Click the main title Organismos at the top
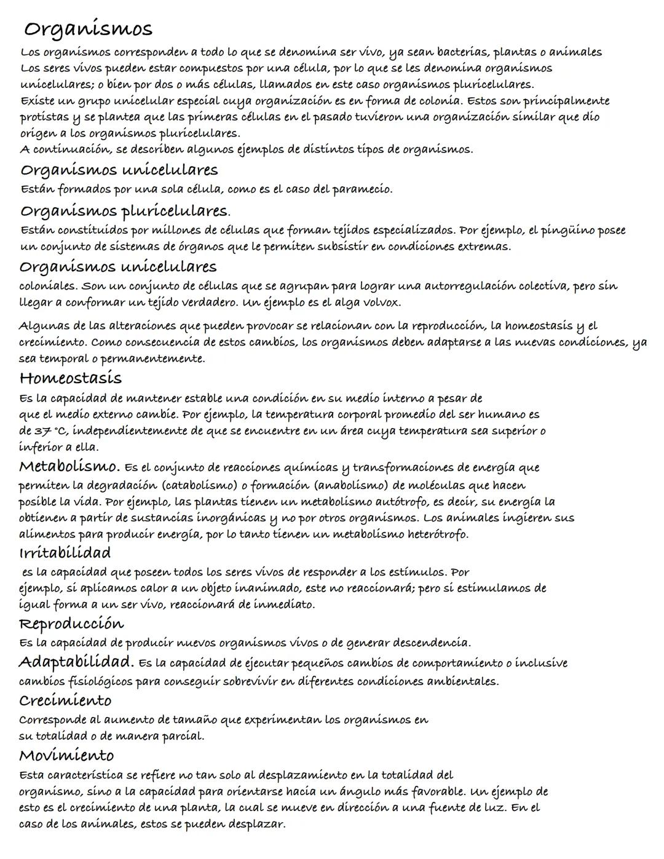[88, 29]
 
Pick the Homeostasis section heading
[71, 378]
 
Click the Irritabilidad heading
[65, 553]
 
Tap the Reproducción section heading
[71, 624]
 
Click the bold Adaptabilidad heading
[76, 662]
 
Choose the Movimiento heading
[66, 755]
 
